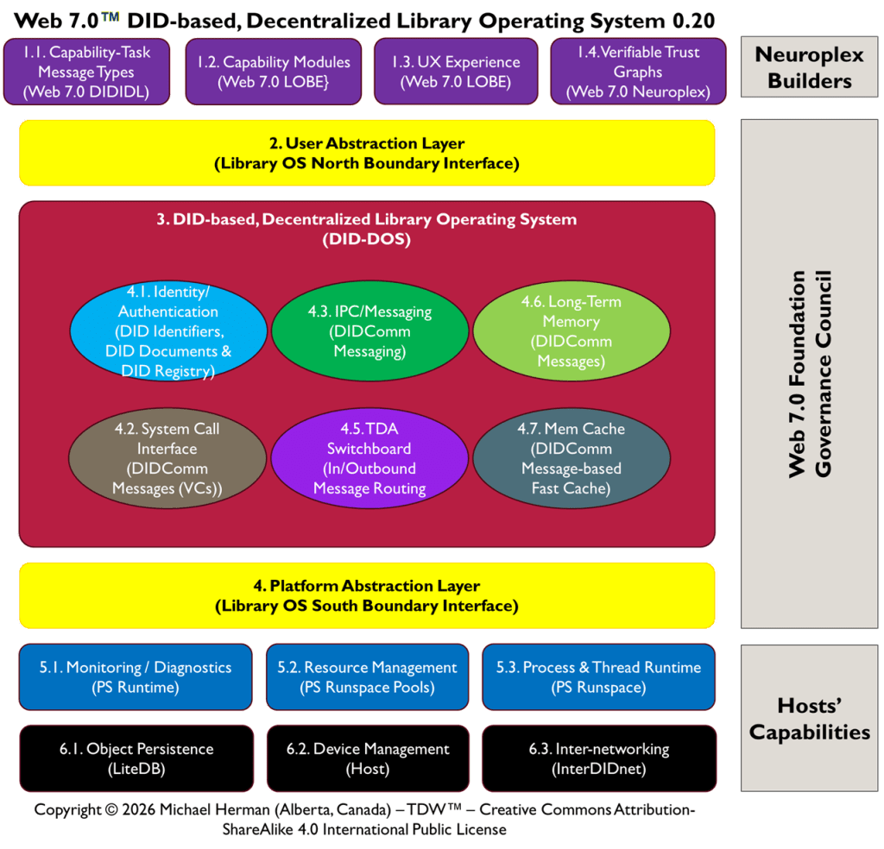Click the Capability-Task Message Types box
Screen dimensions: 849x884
pos(86,72)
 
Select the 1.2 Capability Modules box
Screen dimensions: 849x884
pos(273,72)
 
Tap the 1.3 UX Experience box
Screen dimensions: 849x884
pos(456,72)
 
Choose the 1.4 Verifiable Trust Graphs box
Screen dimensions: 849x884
pos(638,72)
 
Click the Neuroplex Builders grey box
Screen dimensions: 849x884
pos(809,68)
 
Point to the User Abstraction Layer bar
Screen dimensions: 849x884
pos(367,153)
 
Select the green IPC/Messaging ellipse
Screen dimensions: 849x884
pos(369,332)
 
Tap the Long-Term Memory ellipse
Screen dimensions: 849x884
pos(571,332)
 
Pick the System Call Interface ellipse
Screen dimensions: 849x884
pos(167,458)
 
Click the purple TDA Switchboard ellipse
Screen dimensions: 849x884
pos(369,458)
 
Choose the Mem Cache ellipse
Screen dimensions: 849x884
pos(571,458)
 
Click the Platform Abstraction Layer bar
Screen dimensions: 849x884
pos(367,595)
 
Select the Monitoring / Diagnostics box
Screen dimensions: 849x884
pos(136,677)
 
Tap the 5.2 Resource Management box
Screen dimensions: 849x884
pos(367,677)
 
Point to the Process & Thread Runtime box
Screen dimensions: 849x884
pos(598,677)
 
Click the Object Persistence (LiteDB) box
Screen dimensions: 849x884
pos(136,758)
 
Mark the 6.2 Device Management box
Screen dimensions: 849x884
pos(367,758)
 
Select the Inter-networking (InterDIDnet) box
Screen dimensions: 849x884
pos(598,758)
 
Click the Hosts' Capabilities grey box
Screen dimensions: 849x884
pos(809,718)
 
